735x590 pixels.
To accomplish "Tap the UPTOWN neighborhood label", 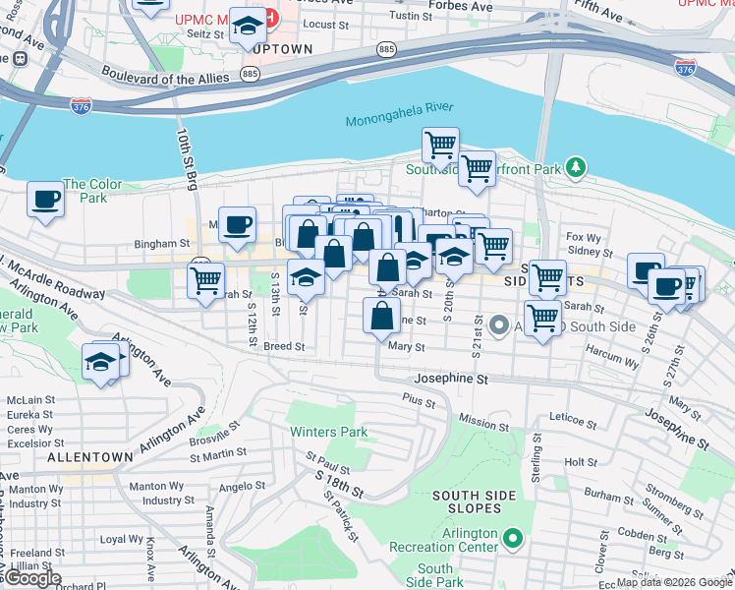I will tap(282, 49).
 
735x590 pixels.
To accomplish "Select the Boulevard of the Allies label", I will tap(165, 76).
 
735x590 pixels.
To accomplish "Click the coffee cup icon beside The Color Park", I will tap(45, 201).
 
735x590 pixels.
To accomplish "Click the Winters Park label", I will tap(328, 432).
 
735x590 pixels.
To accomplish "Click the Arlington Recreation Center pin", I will tap(511, 538).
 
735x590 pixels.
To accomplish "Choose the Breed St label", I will tap(284, 346).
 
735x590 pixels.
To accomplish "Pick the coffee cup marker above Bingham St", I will tap(237, 225).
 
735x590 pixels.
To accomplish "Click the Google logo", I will tap(31, 579).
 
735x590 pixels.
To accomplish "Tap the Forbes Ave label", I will tap(469, 7).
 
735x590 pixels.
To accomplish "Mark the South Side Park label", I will tap(435, 575).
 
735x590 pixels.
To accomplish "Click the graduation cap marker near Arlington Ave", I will tap(100, 363).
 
